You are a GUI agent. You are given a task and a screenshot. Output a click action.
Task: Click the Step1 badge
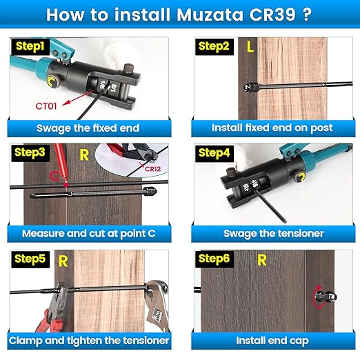[25, 46]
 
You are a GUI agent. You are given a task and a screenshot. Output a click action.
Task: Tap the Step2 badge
[214, 46]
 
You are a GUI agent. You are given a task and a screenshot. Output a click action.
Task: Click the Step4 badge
[214, 152]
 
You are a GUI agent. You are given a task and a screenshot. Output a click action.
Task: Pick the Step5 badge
[26, 259]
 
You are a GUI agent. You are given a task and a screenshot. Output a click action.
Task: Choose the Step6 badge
[214, 259]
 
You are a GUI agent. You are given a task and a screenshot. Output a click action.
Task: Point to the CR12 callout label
[152, 168]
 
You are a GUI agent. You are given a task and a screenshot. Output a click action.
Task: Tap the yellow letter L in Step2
[250, 47]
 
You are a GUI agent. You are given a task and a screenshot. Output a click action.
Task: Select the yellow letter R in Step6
[261, 259]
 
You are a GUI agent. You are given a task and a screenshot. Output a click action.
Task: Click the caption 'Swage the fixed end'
[88, 128]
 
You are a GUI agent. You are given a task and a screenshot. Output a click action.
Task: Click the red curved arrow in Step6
[317, 298]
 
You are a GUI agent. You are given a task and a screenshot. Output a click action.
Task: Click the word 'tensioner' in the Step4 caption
[299, 234]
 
